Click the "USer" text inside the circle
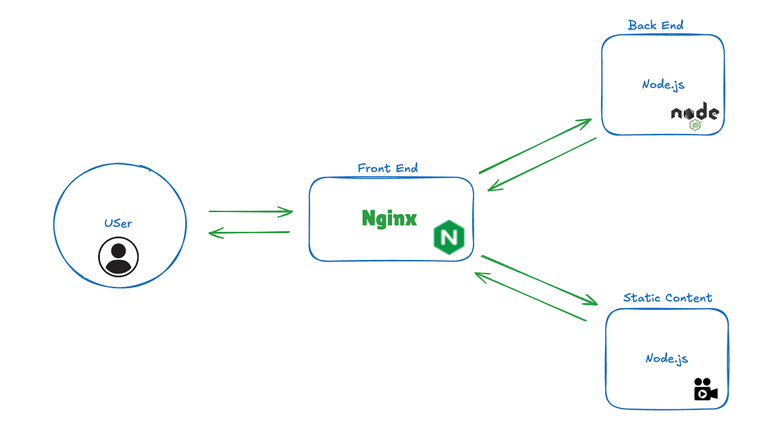pyautogui.click(x=118, y=224)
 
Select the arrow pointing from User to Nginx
pyautogui.click(x=251, y=211)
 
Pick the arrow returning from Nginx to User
pyautogui.click(x=249, y=233)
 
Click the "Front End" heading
pyautogui.click(x=388, y=168)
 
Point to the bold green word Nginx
pyautogui.click(x=389, y=218)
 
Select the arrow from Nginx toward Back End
pyautogui.click(x=535, y=146)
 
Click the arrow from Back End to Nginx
pyautogui.click(x=542, y=164)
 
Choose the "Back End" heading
pyautogui.click(x=656, y=26)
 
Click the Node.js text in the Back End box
pyautogui.click(x=663, y=84)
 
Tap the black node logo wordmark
pyautogui.click(x=695, y=112)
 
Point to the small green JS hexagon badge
pyautogui.click(x=695, y=125)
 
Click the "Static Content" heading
pyautogui.click(x=667, y=298)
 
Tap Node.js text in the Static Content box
pyautogui.click(x=666, y=359)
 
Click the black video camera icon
pyautogui.click(x=705, y=389)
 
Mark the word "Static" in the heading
pyautogui.click(x=641, y=298)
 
